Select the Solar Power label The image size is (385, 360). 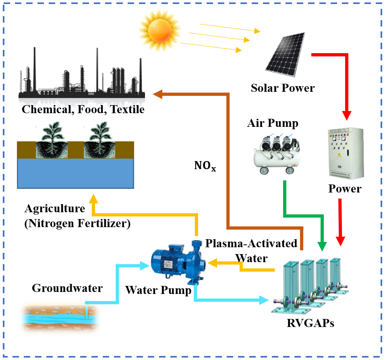pyautogui.click(x=283, y=87)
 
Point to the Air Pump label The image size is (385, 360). pyautogui.click(x=273, y=123)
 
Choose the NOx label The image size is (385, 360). pyautogui.click(x=204, y=165)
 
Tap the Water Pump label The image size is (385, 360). pyautogui.click(x=158, y=290)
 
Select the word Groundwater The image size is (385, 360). pyautogui.click(x=67, y=288)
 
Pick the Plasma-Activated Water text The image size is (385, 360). pyautogui.click(x=251, y=250)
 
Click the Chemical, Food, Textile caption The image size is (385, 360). pyautogui.click(x=83, y=109)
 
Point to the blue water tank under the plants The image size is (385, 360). pyautogui.click(x=75, y=173)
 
